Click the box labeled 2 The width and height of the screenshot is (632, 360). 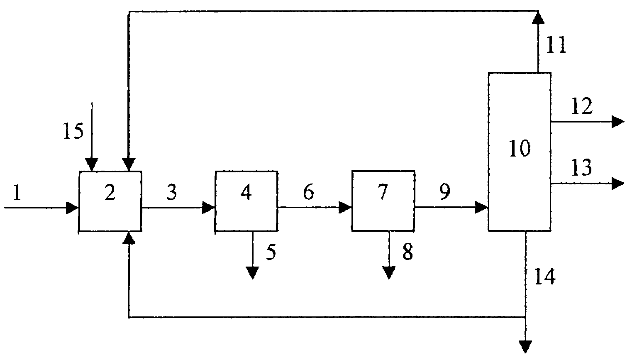pyautogui.click(x=110, y=201)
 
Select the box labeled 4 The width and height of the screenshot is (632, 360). pyautogui.click(x=246, y=201)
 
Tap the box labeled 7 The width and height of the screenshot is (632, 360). pyautogui.click(x=383, y=201)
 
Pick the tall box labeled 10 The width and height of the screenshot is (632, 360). pyautogui.click(x=519, y=152)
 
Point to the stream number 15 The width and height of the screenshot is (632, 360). pyautogui.click(x=73, y=131)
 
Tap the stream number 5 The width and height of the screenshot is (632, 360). pyautogui.click(x=271, y=252)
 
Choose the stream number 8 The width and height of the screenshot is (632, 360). pyautogui.click(x=408, y=252)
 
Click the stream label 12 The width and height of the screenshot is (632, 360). pyautogui.click(x=581, y=107)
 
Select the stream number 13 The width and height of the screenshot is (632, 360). pyautogui.click(x=581, y=169)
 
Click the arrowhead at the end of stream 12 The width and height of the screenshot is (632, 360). pyautogui.click(x=618, y=122)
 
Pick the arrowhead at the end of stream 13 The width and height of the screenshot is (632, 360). pyautogui.click(x=618, y=183)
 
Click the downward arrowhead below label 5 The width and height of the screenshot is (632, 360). pyautogui.click(x=252, y=273)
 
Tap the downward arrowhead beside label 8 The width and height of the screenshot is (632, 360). pyautogui.click(x=389, y=273)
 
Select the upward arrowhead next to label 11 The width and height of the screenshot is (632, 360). pyautogui.click(x=538, y=17)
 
